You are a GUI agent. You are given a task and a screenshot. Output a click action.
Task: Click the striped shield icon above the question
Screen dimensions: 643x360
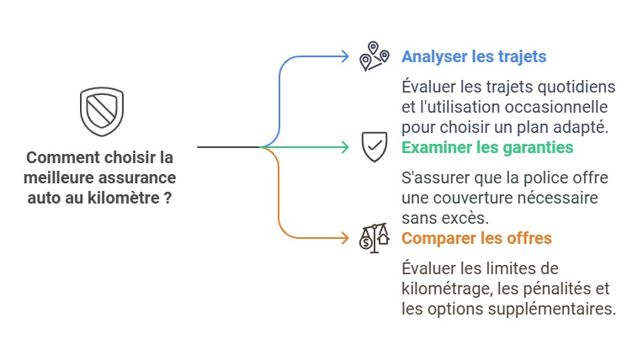point(102,111)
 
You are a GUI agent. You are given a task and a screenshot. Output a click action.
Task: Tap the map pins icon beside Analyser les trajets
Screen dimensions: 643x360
point(374,56)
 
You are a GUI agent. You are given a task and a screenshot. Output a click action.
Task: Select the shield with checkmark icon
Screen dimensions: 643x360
point(375,147)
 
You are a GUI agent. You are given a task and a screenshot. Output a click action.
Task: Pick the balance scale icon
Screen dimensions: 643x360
point(374,238)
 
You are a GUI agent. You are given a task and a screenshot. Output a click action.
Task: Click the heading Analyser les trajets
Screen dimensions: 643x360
point(474,56)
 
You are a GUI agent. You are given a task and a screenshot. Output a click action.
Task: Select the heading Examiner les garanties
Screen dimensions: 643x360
point(487,147)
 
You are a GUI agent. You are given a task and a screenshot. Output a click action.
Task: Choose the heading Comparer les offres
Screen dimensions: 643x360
point(476,238)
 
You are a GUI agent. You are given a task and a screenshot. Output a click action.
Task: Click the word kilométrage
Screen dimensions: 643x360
point(447,289)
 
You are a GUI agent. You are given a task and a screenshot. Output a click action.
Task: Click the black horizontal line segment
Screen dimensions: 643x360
point(228,147)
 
